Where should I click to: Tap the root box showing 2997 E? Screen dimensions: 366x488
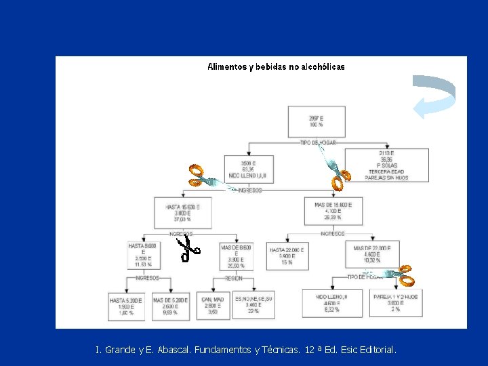coord(316,121)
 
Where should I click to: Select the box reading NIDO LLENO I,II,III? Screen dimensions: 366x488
coord(248,169)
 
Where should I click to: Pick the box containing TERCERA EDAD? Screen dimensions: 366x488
coord(387,165)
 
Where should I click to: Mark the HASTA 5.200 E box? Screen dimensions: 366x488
coord(126,306)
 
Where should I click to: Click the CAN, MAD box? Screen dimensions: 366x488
coord(213,306)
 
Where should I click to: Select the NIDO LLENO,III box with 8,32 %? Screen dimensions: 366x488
coord(332,304)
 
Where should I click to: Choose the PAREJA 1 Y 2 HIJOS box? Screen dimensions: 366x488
coord(396,303)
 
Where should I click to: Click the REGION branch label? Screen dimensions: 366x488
coord(234,278)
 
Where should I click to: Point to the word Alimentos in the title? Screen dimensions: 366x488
coord(227,67)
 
